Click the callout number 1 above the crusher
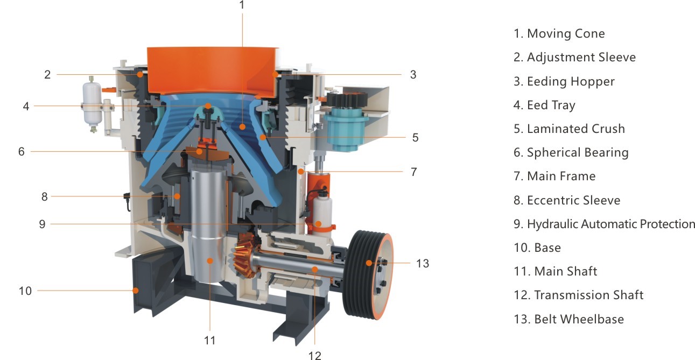(242, 5)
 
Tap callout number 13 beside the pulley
(422, 263)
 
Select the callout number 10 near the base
(25, 291)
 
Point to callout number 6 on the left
(21, 152)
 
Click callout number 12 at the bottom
(314, 355)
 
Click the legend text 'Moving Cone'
(566, 33)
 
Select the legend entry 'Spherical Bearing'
(578, 153)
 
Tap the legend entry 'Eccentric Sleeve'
(574, 200)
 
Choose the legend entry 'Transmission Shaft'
(589, 295)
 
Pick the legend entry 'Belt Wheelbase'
(579, 319)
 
